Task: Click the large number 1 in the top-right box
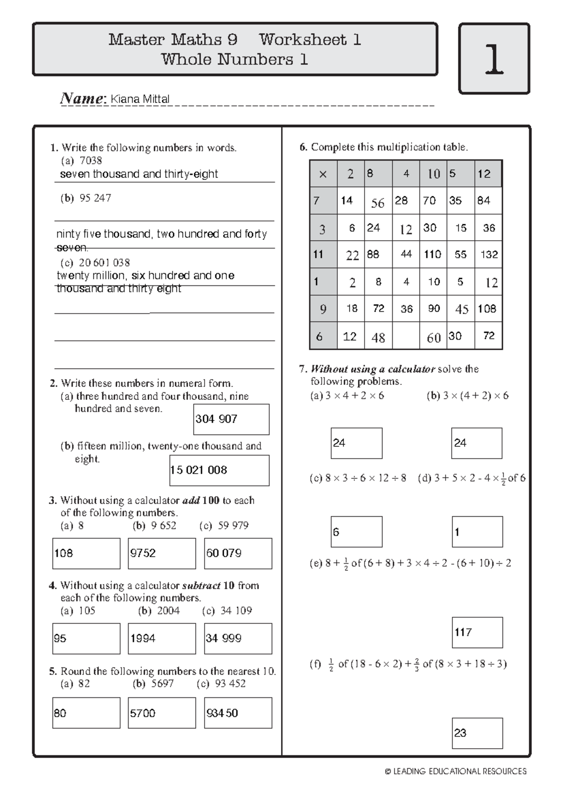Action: (x=494, y=60)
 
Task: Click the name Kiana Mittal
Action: (x=139, y=99)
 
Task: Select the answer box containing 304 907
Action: (x=231, y=419)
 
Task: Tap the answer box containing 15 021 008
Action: (x=219, y=470)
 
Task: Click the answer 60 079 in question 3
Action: (x=238, y=553)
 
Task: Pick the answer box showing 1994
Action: (x=161, y=638)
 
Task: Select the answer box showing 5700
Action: (x=161, y=713)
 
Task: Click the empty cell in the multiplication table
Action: (x=406, y=337)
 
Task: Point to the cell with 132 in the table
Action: (x=489, y=254)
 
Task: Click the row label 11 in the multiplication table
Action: (x=319, y=254)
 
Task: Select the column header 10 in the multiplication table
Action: (x=434, y=174)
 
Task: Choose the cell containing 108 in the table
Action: (x=487, y=309)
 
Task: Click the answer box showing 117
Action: (x=477, y=632)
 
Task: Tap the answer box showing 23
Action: (x=477, y=733)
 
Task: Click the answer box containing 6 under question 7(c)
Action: (x=356, y=532)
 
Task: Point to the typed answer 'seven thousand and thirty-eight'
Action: (x=139, y=174)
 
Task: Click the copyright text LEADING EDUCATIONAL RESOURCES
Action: (x=456, y=771)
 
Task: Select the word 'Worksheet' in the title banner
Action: (x=303, y=40)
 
